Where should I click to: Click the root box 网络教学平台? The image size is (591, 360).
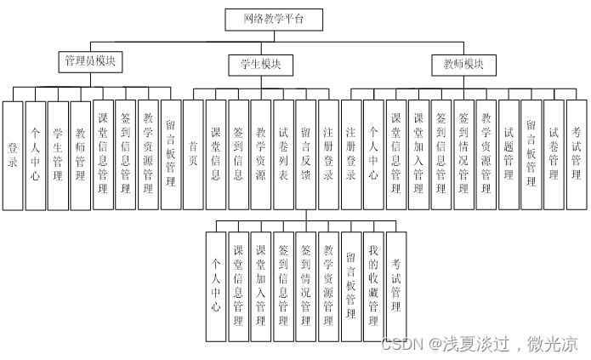pyautogui.click(x=272, y=18)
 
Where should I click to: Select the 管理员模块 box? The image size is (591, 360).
pyautogui.click(x=91, y=61)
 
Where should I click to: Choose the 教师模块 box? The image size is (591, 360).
pyautogui.click(x=463, y=64)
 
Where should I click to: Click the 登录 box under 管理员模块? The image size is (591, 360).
pyautogui.click(x=12, y=155)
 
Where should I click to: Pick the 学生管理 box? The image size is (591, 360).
pyautogui.click(x=58, y=155)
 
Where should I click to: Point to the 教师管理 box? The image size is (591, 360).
pyautogui.click(x=81, y=155)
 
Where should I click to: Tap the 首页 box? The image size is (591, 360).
pyautogui.click(x=193, y=155)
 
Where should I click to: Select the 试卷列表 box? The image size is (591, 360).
pyautogui.click(x=283, y=155)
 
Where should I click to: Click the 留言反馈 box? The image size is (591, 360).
pyautogui.click(x=306, y=155)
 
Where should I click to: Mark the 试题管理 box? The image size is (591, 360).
pyautogui.click(x=509, y=155)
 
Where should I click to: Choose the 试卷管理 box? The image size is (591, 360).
pyautogui.click(x=554, y=155)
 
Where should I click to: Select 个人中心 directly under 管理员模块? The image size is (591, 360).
pyautogui.click(x=35, y=155)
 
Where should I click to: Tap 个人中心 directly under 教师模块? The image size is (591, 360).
pyautogui.click(x=373, y=155)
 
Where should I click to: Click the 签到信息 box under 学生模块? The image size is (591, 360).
pyautogui.click(x=238, y=155)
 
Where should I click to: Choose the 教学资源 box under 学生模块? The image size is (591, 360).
pyautogui.click(x=261, y=155)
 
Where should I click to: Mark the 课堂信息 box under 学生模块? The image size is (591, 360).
pyautogui.click(x=216, y=155)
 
